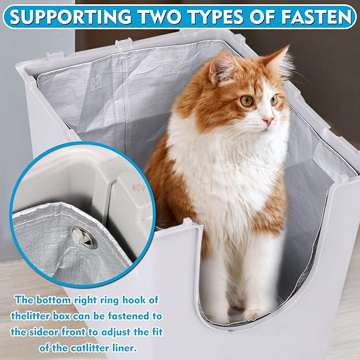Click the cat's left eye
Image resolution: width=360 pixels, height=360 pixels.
click(x=274, y=99)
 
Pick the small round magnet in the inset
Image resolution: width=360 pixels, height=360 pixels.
click(x=138, y=187)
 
